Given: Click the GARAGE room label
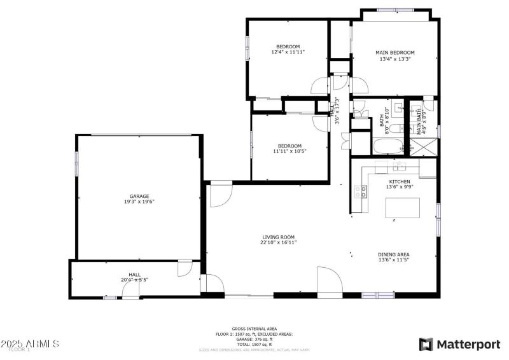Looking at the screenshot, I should (x=139, y=196).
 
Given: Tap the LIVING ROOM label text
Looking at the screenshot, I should (x=279, y=237).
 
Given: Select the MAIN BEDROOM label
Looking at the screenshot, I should (x=394, y=53).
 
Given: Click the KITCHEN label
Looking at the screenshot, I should (x=400, y=181).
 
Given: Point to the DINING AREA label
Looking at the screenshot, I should (x=394, y=254).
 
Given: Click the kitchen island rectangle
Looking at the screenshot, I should (x=404, y=207).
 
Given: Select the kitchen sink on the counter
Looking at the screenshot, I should (x=400, y=167).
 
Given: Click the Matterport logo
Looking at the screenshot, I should (x=459, y=344).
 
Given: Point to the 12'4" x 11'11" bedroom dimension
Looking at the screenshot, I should (x=288, y=52).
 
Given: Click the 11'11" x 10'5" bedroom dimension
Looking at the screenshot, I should (x=289, y=151).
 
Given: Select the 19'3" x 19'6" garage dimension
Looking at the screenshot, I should (x=139, y=202).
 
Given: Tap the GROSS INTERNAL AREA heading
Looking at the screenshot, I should (x=254, y=329).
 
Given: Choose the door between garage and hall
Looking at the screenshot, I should (x=185, y=268).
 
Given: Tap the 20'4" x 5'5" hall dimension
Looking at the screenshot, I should (x=135, y=279).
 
